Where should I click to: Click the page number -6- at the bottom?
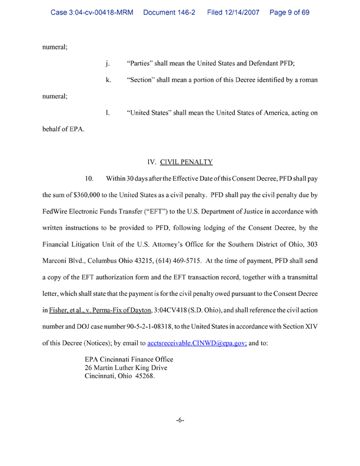[x=180, y=420]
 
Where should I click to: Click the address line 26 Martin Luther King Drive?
[x=126, y=368]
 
